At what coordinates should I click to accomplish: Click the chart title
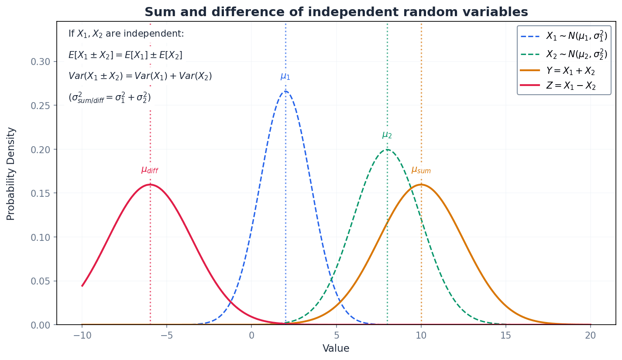click(x=336, y=12)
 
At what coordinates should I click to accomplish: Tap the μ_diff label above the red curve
click(x=150, y=170)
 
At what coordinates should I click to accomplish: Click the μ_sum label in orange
click(x=421, y=170)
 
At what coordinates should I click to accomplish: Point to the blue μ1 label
click(x=285, y=76)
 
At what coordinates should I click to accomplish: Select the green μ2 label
click(x=387, y=135)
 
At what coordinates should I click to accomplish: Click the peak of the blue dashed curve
click(x=285, y=91)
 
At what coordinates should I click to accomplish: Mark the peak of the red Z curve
click(x=150, y=185)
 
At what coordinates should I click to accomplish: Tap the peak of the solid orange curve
click(x=421, y=185)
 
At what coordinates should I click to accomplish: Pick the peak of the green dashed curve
click(x=387, y=150)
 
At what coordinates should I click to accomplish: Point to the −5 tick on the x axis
click(x=167, y=336)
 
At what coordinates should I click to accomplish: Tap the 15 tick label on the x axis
click(x=505, y=336)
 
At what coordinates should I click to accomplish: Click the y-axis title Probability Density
click(x=11, y=173)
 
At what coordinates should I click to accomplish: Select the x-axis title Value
click(x=336, y=349)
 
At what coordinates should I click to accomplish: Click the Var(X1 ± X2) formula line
click(x=140, y=76)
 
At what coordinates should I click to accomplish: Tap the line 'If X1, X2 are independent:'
click(x=126, y=34)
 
